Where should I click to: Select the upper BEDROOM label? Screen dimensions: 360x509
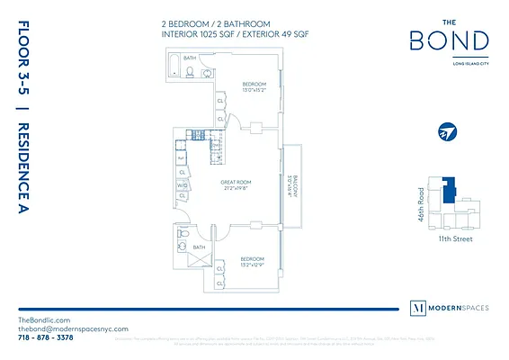click(x=255, y=85)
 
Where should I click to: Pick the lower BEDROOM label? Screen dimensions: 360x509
click(x=253, y=259)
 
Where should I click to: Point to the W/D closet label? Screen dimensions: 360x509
click(x=183, y=186)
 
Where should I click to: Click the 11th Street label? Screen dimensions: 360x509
click(x=453, y=238)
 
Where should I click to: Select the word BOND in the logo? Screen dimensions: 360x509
click(x=449, y=40)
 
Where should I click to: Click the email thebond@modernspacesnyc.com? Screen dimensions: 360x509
click(x=73, y=330)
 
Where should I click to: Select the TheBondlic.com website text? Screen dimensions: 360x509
click(x=44, y=320)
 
